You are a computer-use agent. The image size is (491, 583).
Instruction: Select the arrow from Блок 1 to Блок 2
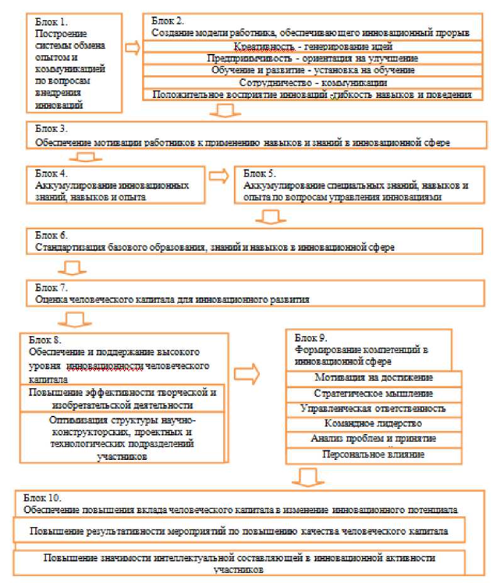click(x=133, y=47)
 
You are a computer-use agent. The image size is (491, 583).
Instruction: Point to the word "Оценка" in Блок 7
click(x=51, y=300)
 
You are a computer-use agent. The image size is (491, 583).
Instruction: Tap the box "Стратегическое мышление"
click(x=375, y=393)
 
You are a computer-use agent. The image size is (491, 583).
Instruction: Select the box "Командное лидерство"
click(x=375, y=423)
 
